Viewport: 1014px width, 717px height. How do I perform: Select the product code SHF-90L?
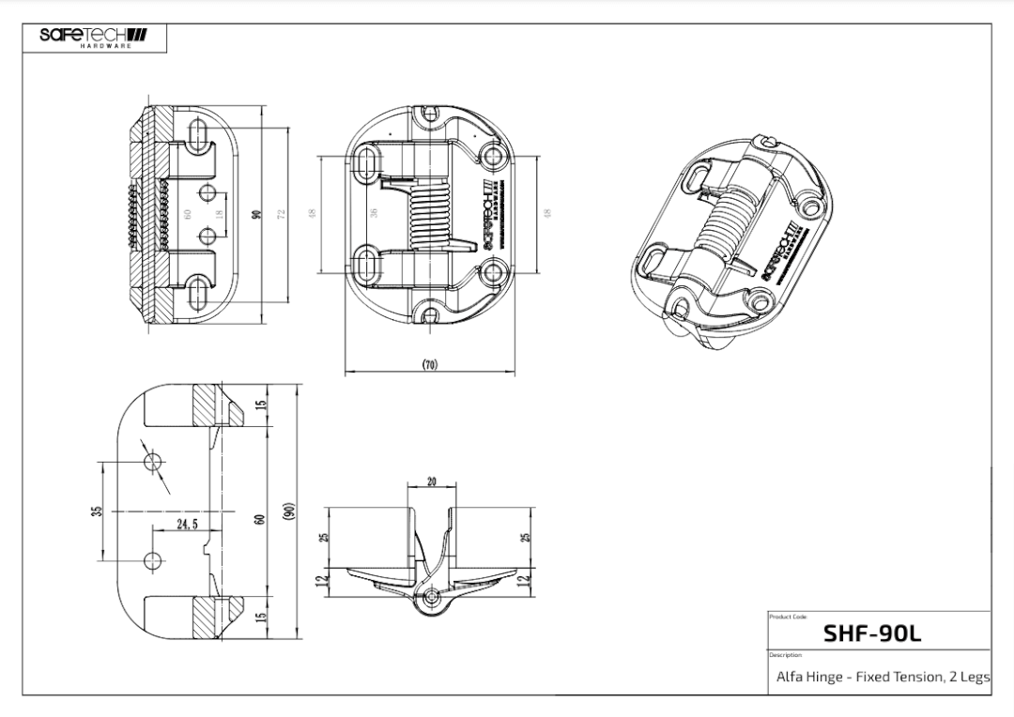[x=871, y=633]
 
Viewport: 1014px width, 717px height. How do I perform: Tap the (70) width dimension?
[x=429, y=364]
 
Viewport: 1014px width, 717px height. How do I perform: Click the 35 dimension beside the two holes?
[x=96, y=511]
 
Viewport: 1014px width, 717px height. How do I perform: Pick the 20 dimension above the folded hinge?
[x=432, y=481]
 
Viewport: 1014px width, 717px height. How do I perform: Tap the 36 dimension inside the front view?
[x=374, y=212]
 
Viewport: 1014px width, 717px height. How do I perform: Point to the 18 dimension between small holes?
[x=219, y=213]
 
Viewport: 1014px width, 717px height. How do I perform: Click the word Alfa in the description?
[x=790, y=676]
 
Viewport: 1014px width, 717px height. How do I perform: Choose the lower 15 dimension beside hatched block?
[x=263, y=618]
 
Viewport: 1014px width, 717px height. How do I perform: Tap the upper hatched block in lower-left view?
[x=206, y=405]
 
